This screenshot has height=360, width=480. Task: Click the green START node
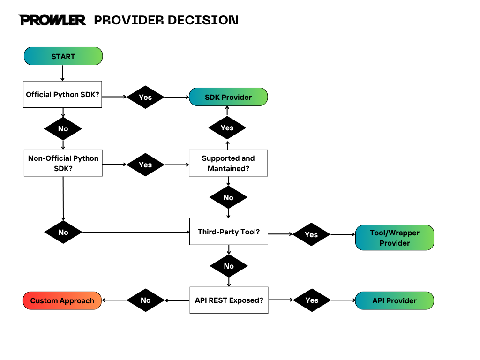[63, 56]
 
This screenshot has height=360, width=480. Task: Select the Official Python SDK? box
[62, 94]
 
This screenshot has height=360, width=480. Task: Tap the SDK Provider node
[228, 97]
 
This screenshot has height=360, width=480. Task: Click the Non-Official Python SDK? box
[63, 163]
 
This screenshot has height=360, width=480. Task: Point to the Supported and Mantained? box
[228, 163]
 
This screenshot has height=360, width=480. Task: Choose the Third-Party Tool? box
[228, 232]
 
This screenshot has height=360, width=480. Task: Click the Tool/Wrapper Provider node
[394, 238]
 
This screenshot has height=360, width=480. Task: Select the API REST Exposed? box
[229, 300]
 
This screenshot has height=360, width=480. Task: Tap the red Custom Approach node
[62, 300]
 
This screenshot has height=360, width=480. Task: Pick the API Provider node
[394, 300]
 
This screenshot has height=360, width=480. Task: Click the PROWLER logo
[52, 20]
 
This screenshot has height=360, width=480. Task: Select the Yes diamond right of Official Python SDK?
[145, 97]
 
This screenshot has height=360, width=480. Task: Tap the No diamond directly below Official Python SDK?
[63, 128]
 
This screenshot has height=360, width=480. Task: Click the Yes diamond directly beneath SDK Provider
[227, 128]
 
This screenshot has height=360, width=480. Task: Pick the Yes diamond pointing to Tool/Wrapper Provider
[311, 234]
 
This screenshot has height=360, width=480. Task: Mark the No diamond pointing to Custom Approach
[145, 300]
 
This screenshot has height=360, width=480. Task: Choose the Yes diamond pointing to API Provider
[311, 300]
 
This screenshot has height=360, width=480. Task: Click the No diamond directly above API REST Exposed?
[228, 266]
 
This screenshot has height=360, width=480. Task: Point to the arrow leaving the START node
[63, 73]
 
